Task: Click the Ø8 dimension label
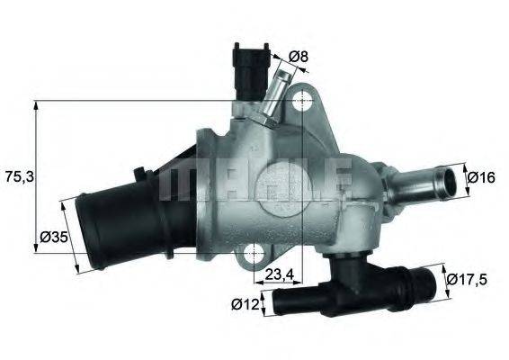click(299, 57)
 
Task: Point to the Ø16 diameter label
click(482, 177)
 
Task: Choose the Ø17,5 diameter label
click(470, 279)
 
